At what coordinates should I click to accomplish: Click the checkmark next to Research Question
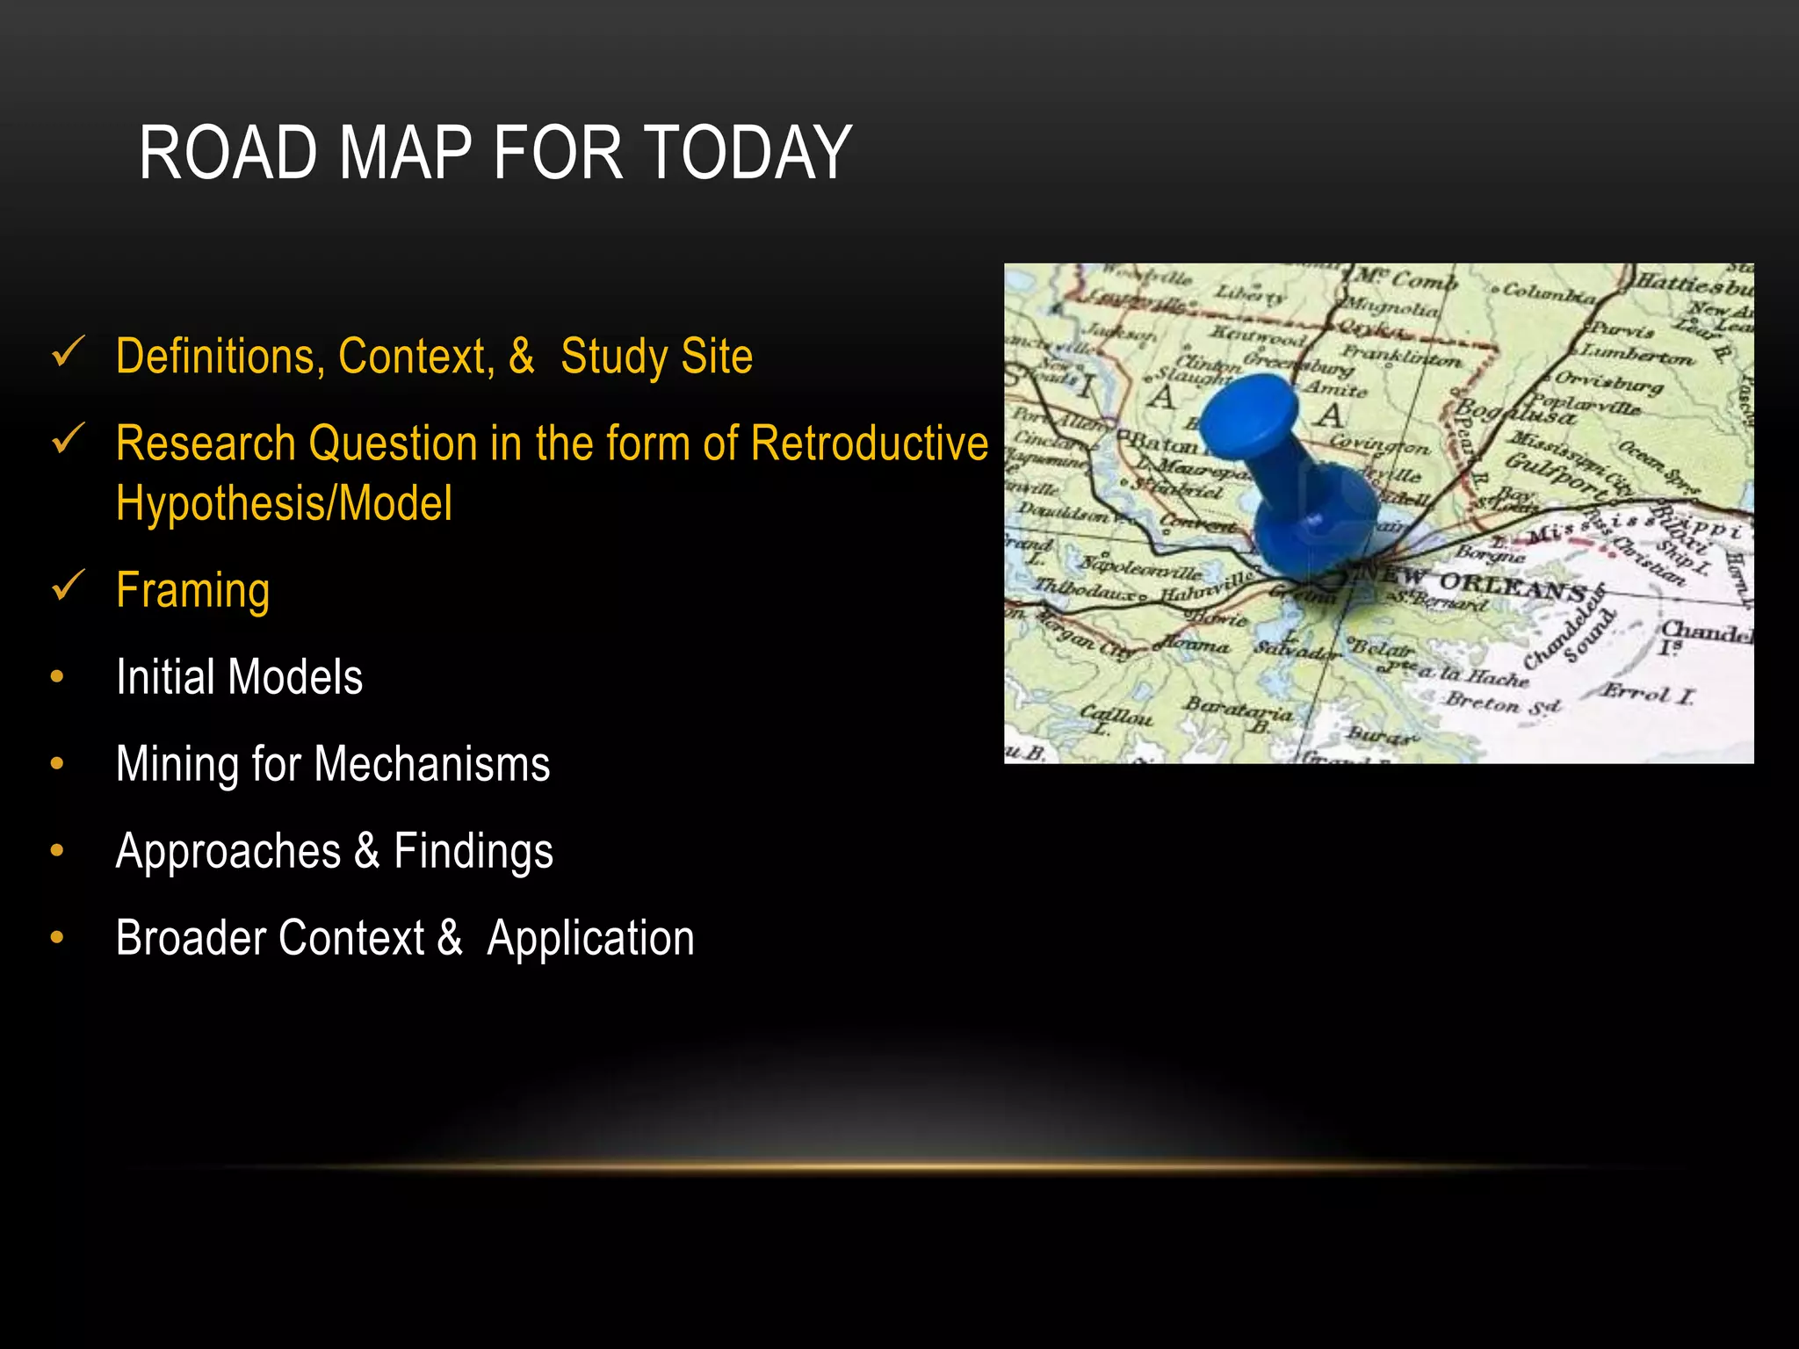pos(68,438)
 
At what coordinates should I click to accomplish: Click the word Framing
pos(192,590)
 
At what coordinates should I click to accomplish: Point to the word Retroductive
pos(870,443)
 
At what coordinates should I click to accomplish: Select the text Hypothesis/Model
pos(284,503)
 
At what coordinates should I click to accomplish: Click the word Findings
pos(473,851)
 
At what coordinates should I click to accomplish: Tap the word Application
pos(590,938)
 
